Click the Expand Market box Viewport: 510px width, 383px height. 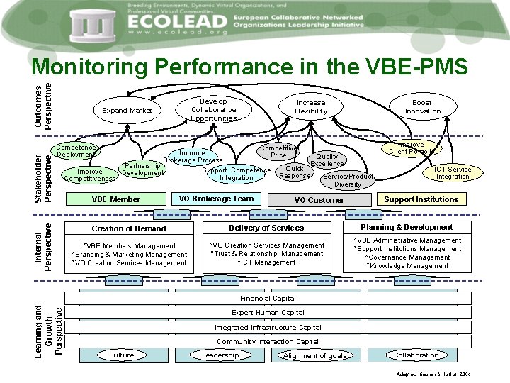pyautogui.click(x=127, y=110)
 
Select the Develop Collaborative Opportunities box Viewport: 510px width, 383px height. pyautogui.click(x=213, y=110)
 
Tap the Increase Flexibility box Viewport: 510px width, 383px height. pyautogui.click(x=310, y=107)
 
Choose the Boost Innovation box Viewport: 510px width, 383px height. pyautogui.click(x=422, y=107)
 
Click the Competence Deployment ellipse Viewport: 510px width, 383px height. pyautogui.click(x=76, y=151)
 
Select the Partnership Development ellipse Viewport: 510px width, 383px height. pyautogui.click(x=142, y=170)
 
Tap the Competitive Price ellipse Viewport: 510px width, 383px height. pyautogui.click(x=279, y=151)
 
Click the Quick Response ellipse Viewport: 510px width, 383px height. pyautogui.click(x=295, y=172)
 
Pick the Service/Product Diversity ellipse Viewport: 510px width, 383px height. pyautogui.click(x=348, y=180)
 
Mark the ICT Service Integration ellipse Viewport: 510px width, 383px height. pyautogui.click(x=453, y=173)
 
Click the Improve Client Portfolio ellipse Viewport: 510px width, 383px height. pyautogui.click(x=412, y=148)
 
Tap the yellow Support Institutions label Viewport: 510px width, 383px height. pyautogui.click(x=421, y=199)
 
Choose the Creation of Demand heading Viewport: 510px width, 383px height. pyautogui.click(x=129, y=228)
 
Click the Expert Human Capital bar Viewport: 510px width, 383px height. pyautogui.click(x=268, y=313)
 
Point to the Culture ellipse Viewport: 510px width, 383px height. pyautogui.click(x=122, y=355)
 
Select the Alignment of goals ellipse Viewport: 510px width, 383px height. pyautogui.click(x=315, y=356)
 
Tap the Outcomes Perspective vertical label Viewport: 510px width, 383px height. pyautogui.click(x=43, y=99)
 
